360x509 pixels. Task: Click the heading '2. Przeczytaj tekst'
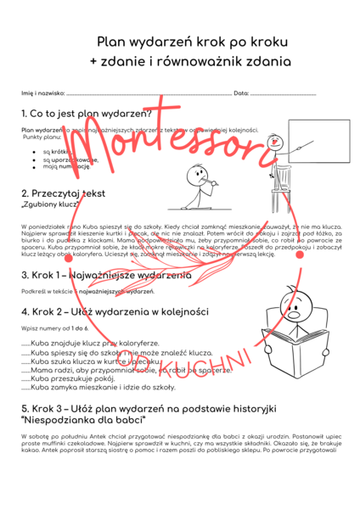[x=63, y=193]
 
